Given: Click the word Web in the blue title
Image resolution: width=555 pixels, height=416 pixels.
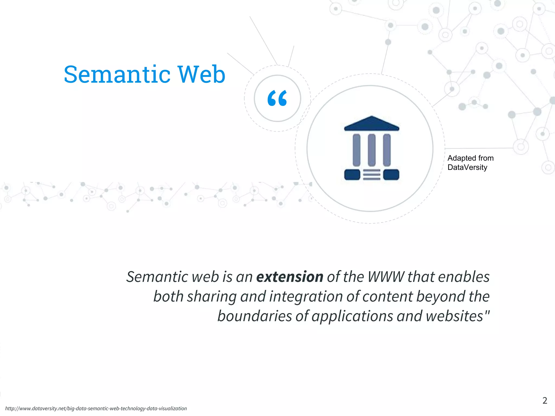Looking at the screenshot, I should pos(201,74).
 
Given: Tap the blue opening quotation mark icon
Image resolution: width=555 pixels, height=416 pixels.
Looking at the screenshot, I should pos(277,98).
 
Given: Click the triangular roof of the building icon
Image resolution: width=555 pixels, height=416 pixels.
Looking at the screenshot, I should pos(372,123).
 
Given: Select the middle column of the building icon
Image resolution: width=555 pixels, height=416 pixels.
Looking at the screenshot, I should pos(372,150).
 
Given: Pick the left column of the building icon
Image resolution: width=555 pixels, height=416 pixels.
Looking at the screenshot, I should pos(356,150).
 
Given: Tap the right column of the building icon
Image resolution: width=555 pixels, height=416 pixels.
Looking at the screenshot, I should pos(387,150).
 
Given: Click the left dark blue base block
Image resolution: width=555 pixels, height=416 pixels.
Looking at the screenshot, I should pos(352,175).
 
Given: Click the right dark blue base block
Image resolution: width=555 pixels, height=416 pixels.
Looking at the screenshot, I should pos(391,175).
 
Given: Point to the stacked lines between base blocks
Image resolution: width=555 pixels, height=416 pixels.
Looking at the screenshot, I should pos(372,175).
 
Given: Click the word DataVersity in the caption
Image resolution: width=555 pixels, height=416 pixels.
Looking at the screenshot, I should pos(467,167).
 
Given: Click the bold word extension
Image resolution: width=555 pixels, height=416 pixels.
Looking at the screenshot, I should pos(290,277).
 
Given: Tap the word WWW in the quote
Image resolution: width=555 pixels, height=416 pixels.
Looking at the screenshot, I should pos(386,277).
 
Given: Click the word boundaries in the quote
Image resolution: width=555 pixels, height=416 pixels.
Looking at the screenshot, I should pos(254,316).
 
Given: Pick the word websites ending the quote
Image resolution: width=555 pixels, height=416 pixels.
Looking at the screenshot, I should pos(454,316).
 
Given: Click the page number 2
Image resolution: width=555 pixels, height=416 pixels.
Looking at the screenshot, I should pos(545,400).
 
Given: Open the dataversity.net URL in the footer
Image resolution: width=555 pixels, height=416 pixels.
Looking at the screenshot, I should pos(96,408).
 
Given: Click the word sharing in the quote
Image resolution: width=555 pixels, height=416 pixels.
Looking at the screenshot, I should pos(212,296).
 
